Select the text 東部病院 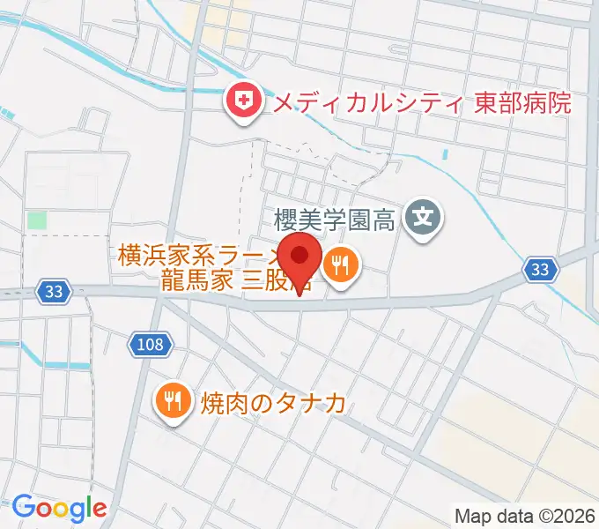pos(521,104)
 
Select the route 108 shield pos(151,344)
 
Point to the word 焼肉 pos(215,403)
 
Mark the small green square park pos(37,220)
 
